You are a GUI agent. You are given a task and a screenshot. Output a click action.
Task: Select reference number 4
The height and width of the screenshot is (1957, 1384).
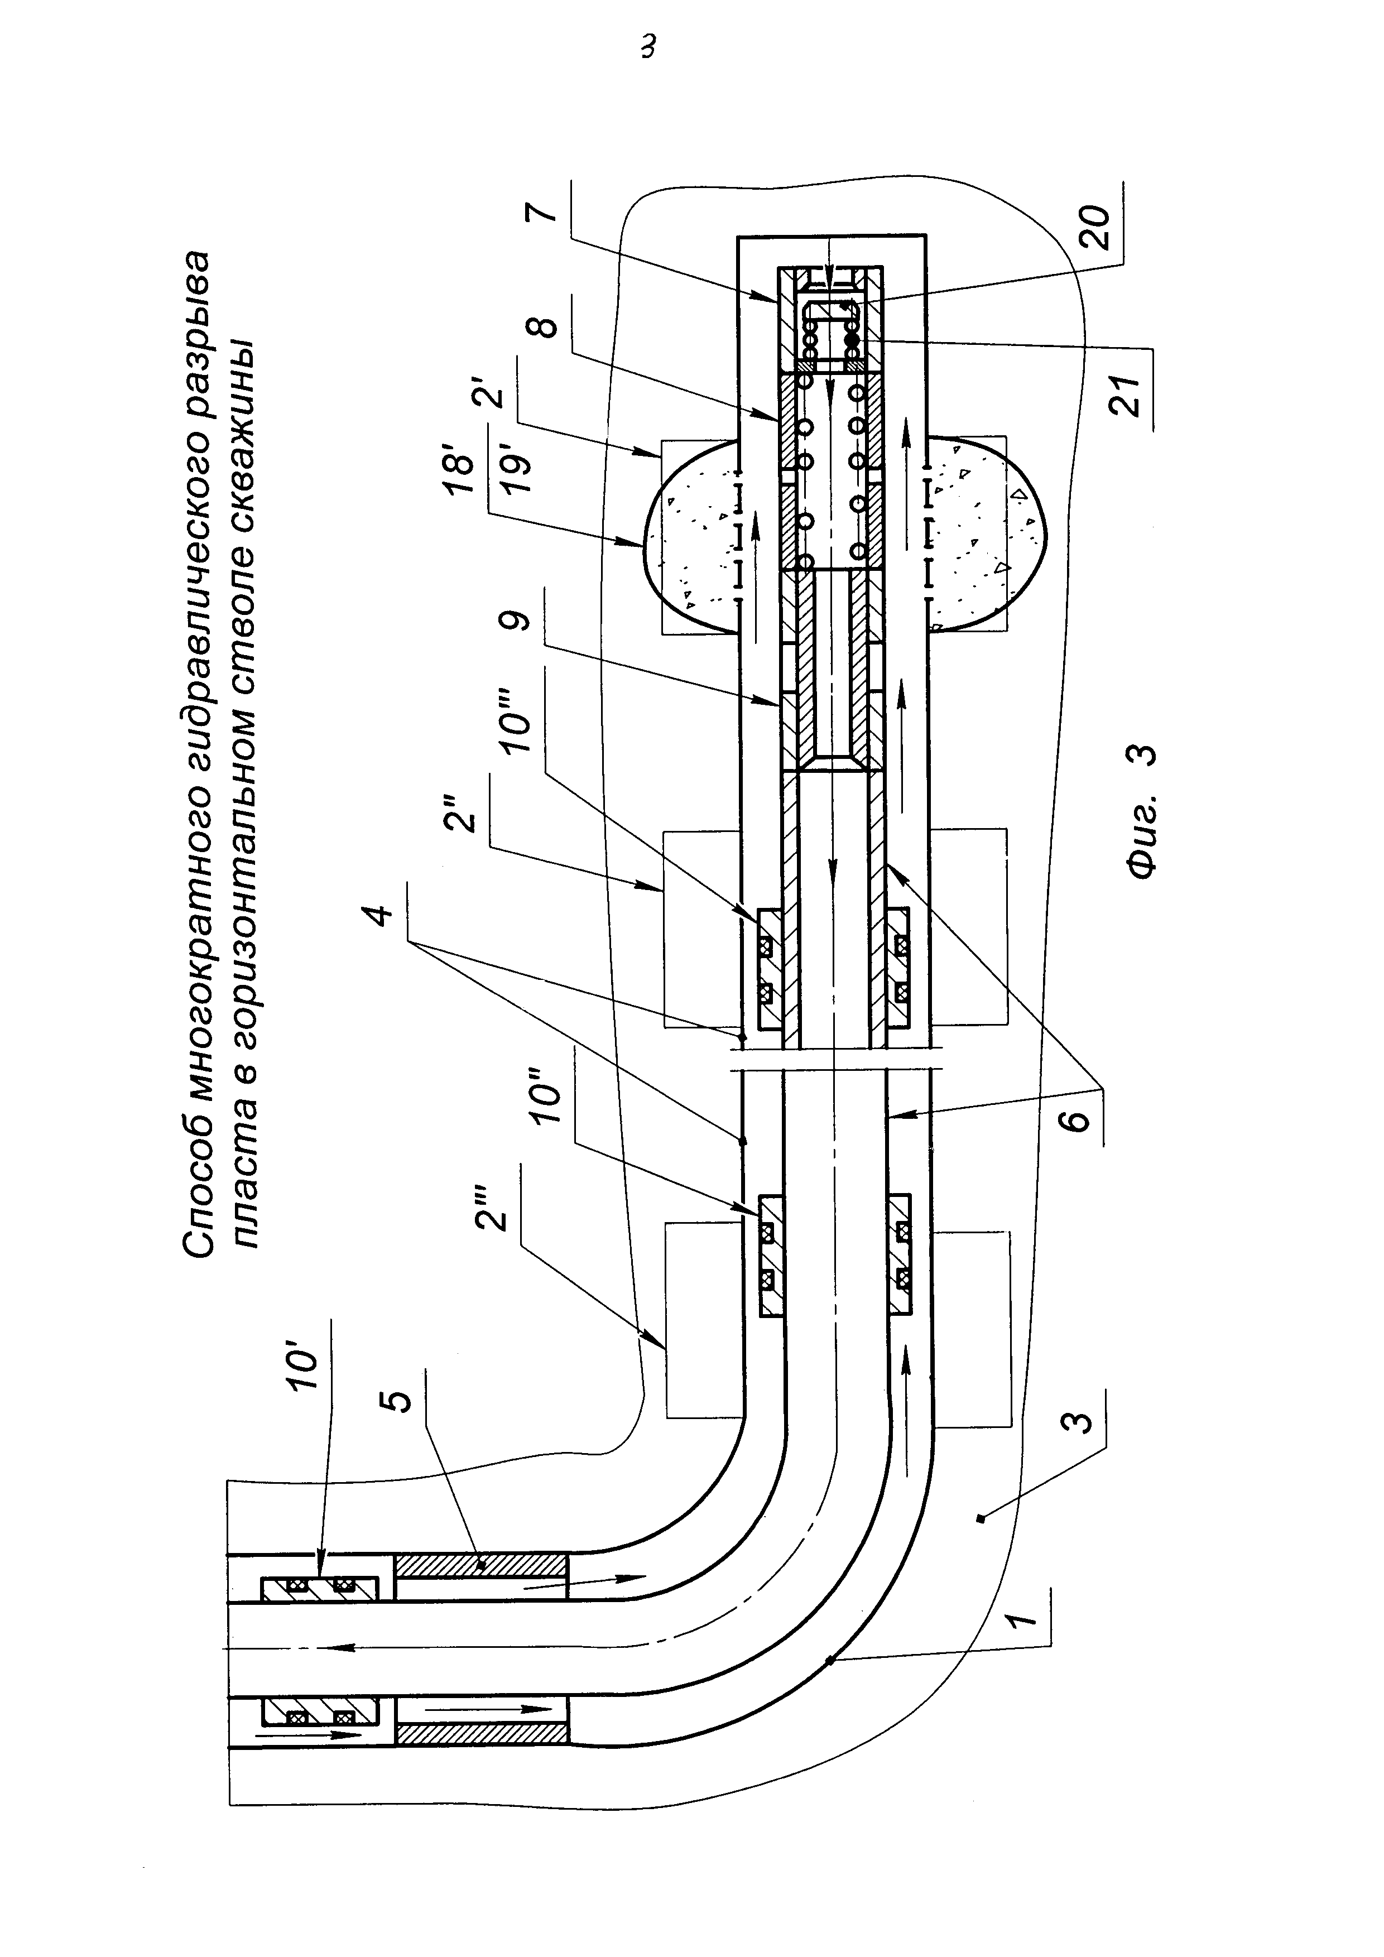tap(380, 913)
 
